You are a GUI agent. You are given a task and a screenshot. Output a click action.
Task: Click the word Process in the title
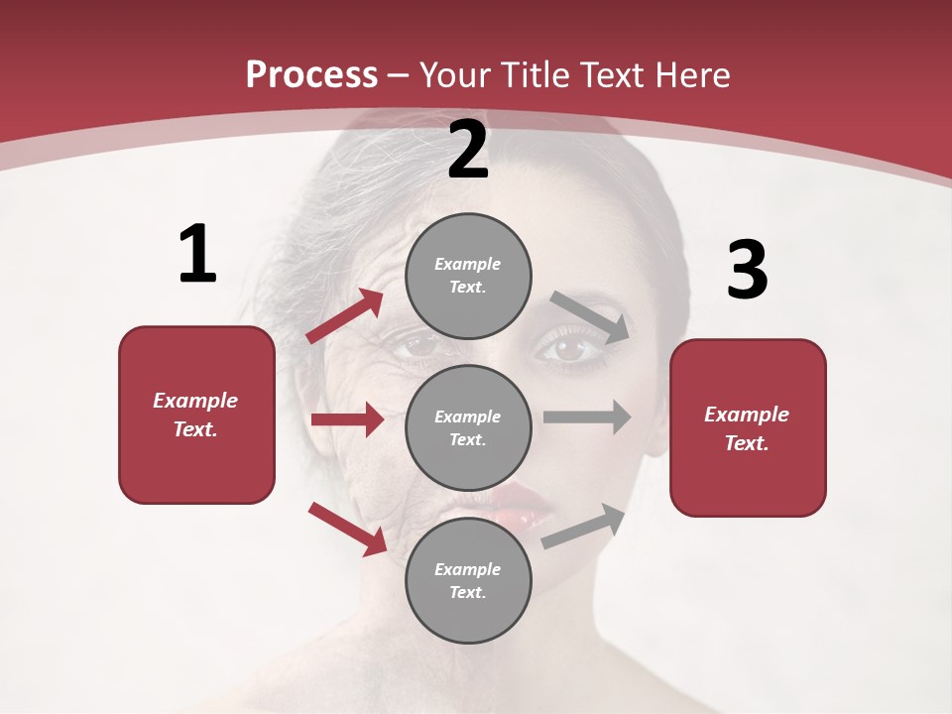pos(311,74)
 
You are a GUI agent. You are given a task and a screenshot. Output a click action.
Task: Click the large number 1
pos(197,254)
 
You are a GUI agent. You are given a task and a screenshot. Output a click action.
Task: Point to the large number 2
pos(468,150)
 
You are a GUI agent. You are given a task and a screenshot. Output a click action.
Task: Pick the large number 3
pos(747,271)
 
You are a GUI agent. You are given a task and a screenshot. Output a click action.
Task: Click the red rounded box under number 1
pos(196,415)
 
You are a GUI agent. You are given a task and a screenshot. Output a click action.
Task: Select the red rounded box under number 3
pos(748,428)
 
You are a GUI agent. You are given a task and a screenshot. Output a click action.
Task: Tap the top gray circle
pos(468,276)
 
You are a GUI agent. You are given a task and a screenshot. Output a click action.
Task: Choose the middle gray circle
pos(468,428)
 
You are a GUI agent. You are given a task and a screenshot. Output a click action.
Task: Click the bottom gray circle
pos(468,581)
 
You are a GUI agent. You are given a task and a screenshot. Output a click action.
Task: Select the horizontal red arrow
pos(347,420)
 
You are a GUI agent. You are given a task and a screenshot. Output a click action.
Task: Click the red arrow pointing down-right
pos(348,529)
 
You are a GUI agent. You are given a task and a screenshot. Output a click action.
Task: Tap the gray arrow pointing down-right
pos(589,316)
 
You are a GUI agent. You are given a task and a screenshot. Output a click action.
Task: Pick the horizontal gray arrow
pos(587,416)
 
